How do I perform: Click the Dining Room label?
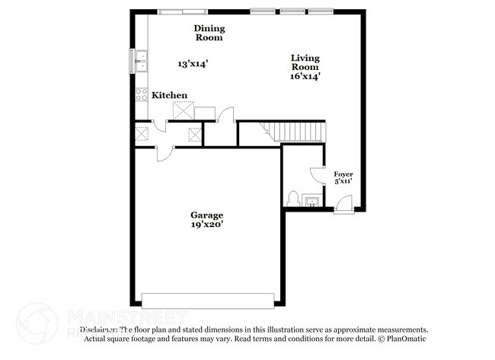[209, 33]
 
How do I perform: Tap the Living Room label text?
[305, 62]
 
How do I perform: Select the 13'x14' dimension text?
[193, 63]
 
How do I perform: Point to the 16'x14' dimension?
[305, 75]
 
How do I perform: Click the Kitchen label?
[169, 95]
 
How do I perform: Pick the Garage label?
[207, 215]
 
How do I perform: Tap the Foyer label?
[343, 174]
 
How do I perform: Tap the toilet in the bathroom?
[292, 199]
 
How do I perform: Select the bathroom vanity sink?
[312, 201]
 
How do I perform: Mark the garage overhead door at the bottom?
[207, 299]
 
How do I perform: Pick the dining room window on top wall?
[181, 10]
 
